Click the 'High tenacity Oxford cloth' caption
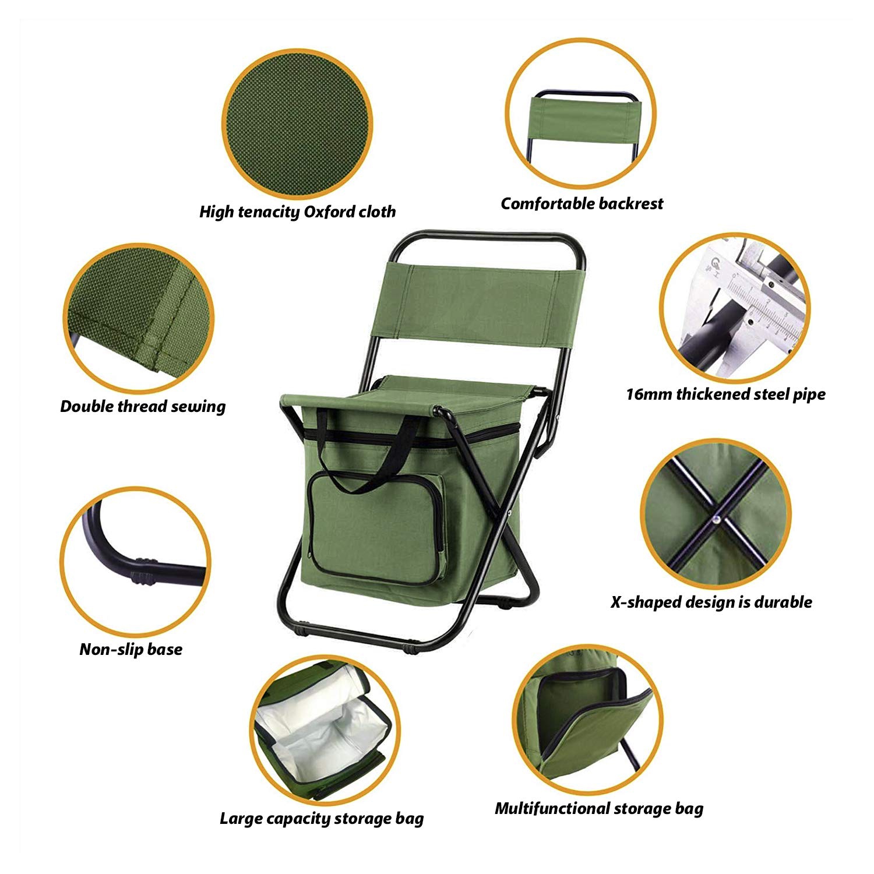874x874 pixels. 297,212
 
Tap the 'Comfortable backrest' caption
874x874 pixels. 582,203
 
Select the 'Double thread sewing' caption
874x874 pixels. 143,406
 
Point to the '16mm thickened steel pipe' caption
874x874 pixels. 725,394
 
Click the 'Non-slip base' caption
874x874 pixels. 131,649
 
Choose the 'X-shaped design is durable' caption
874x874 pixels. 711,602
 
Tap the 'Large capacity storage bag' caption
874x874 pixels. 321,819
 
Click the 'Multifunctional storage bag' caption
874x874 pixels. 599,808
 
